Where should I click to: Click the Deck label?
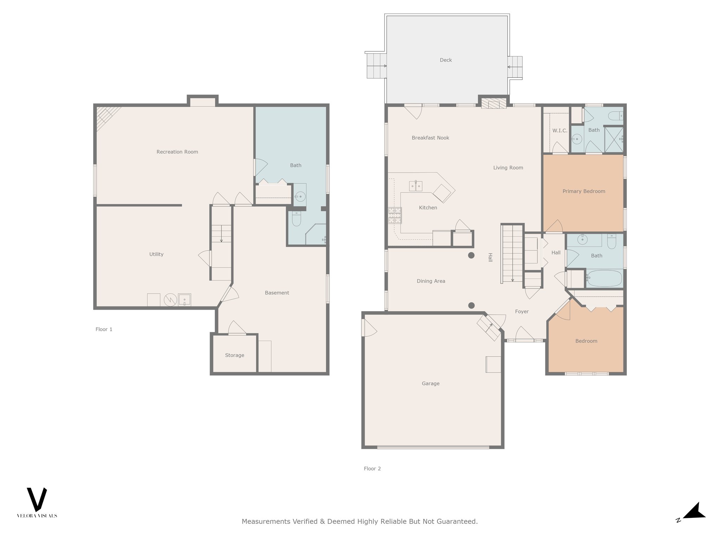coord(446,60)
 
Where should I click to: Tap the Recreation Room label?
coord(177,152)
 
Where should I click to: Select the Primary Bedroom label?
coord(584,191)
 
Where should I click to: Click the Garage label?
coord(431,384)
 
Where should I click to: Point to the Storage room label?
coord(234,355)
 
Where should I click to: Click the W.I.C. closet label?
coord(560,131)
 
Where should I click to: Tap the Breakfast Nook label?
coord(430,138)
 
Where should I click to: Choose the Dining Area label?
coord(431,281)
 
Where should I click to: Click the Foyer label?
coord(522,311)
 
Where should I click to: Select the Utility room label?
coord(156,255)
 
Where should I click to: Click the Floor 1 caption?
coord(104,329)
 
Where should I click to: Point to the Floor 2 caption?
coord(372,469)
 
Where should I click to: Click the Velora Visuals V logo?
coord(37,500)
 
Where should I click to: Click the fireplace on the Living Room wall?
coord(494,104)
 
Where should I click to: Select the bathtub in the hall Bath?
coord(604,278)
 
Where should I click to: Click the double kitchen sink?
coord(416,186)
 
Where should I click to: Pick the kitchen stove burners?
coord(395,216)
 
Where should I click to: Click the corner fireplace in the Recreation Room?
coord(106,116)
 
